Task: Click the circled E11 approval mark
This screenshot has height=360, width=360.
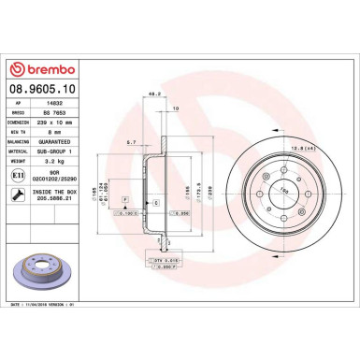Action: click(20, 174)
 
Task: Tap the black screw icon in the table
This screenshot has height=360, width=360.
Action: click(20, 195)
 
